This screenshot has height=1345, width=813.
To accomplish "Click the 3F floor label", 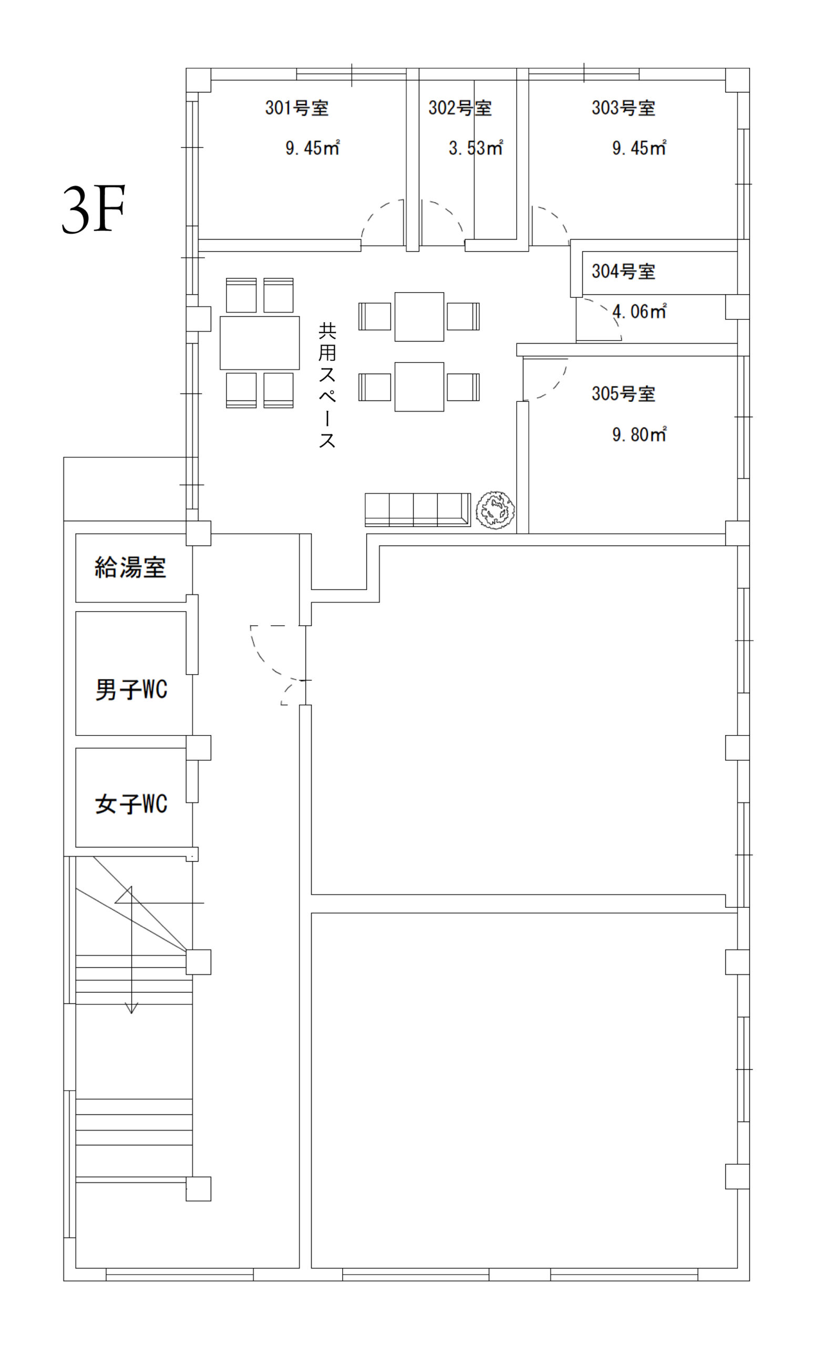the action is [94, 209].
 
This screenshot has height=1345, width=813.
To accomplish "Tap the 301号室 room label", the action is [297, 108].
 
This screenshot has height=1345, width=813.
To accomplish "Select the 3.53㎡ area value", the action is [476, 148].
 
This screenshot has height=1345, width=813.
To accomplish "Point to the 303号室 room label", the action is [623, 108].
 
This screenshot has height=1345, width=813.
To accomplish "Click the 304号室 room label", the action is [623, 271].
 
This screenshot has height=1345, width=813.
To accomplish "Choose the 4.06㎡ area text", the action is [640, 311].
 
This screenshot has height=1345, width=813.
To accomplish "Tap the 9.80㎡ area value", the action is [640, 434].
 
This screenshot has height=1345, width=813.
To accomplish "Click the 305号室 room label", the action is [623, 393].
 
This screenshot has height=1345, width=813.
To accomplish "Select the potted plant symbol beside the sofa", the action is [495, 510].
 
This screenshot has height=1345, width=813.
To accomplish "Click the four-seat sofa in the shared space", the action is [418, 510].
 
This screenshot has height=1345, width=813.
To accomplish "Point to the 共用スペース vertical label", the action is [327, 386].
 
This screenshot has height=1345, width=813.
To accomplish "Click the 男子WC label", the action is [131, 689].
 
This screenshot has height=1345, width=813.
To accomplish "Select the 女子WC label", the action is [131, 803].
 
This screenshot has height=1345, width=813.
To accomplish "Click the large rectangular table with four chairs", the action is [260, 343].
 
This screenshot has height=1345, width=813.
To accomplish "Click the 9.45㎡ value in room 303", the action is [640, 148].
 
